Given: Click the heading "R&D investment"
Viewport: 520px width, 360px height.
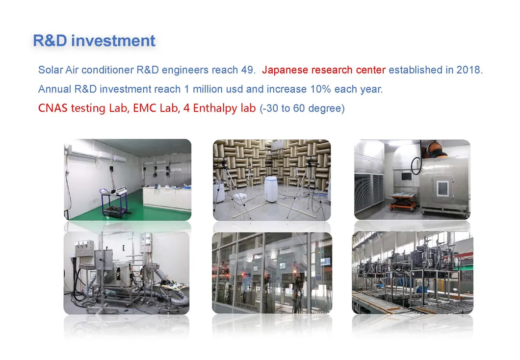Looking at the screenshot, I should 94,41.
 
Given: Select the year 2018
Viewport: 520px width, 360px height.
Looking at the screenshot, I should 469,70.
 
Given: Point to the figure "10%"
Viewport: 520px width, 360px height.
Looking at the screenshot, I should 321,90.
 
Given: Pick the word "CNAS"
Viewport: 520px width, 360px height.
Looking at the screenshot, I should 53,108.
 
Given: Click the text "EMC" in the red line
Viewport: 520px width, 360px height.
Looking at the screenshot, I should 145,108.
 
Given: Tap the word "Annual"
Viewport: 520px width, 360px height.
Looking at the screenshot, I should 54,90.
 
